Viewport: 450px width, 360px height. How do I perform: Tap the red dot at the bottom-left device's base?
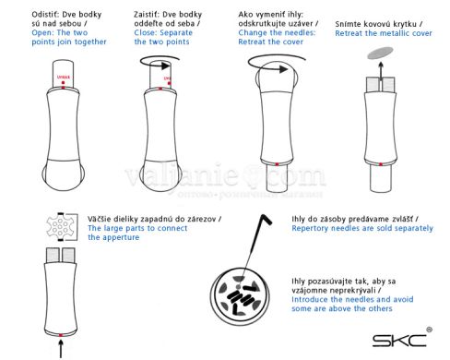(62, 331)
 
